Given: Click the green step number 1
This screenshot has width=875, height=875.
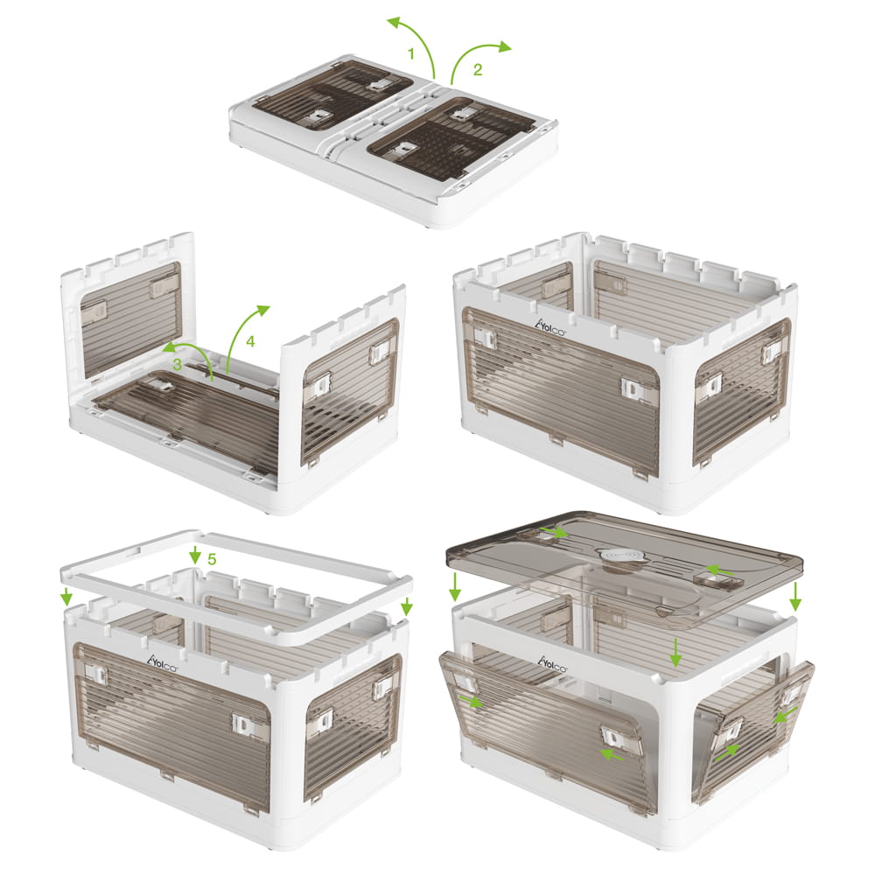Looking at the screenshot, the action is point(411,54).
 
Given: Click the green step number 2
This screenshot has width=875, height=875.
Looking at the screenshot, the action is point(477,70).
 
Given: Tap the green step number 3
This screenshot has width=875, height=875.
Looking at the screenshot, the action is point(177,365).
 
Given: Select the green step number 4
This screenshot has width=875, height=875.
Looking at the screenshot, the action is point(250,341).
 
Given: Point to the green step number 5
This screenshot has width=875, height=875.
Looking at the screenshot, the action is point(212,558).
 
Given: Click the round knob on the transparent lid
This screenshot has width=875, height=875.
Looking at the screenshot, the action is point(618,556).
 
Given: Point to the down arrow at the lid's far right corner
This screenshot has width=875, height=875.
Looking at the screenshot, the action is point(795,596).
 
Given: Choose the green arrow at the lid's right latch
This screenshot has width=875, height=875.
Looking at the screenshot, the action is point(719,570).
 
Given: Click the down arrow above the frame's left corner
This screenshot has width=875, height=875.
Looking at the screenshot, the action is point(66,597).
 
